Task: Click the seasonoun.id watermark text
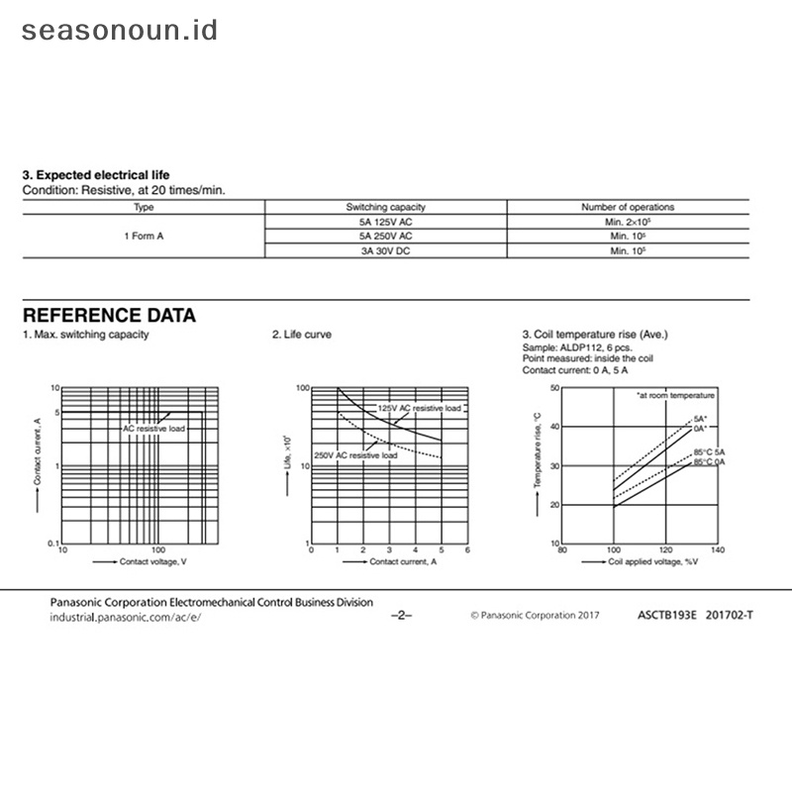tap(120, 30)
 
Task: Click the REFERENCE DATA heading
tap(109, 316)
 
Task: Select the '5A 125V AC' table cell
tap(386, 222)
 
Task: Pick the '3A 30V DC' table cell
tap(386, 251)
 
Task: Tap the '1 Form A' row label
tap(144, 237)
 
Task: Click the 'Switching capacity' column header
tap(386, 207)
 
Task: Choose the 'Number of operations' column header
tap(628, 207)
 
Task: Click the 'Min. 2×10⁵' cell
tap(628, 222)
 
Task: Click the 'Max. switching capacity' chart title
tap(86, 335)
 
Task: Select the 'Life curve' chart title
tap(302, 335)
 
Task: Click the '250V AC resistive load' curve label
tap(355, 454)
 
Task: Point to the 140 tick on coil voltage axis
tap(718, 549)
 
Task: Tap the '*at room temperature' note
tap(675, 395)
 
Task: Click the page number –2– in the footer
tap(402, 615)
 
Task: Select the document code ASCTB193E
tap(668, 615)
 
